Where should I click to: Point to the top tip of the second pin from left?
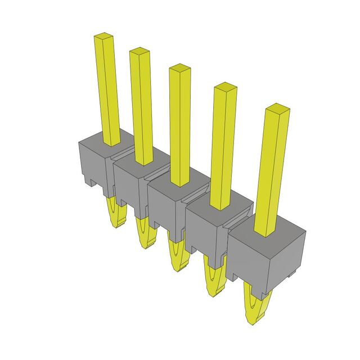click(140, 52)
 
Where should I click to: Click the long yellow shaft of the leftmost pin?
click(109, 90)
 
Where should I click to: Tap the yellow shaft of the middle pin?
click(181, 129)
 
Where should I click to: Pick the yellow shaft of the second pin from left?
click(143, 107)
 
